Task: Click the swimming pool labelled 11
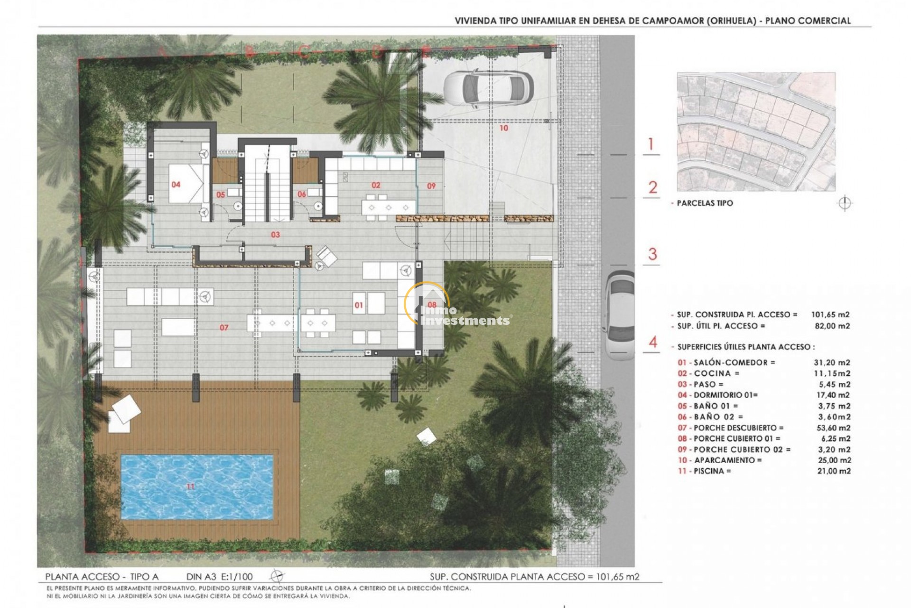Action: (197, 486)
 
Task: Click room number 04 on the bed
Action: (176, 184)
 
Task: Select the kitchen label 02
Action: (376, 185)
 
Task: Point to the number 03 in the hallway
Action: (275, 235)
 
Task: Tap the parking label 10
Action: (503, 128)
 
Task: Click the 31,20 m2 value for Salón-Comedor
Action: (832, 362)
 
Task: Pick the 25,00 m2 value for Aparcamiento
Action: (832, 460)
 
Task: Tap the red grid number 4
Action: (653, 342)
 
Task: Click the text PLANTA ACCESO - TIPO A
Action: (102, 577)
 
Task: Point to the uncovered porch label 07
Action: (224, 327)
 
